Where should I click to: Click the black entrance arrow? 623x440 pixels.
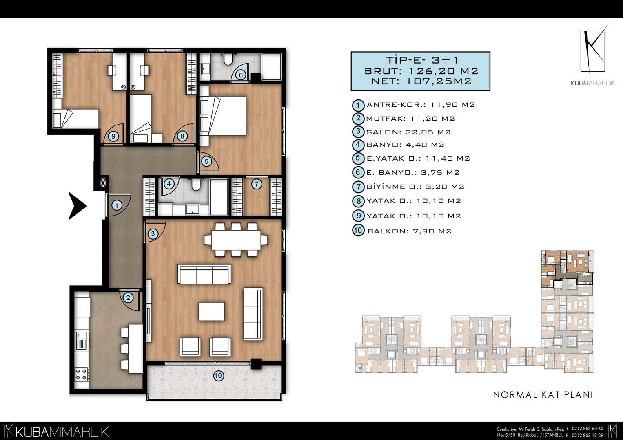[78, 206]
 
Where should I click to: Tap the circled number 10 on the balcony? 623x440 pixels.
[219, 376]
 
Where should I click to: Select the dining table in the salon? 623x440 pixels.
[236, 240]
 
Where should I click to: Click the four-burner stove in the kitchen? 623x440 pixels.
[82, 374]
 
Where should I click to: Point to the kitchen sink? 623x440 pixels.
[81, 341]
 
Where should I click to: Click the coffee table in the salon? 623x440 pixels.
[212, 311]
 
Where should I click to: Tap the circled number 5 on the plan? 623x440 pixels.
[206, 161]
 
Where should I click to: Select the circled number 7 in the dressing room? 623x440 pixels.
[257, 184]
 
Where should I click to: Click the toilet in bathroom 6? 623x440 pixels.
[228, 59]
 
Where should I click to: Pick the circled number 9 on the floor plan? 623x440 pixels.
[113, 136]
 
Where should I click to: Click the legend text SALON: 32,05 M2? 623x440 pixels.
[408, 132]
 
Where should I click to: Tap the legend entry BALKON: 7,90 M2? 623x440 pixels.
[409, 231]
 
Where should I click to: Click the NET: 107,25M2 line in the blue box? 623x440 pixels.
[421, 81]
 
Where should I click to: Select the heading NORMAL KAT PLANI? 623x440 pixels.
[543, 395]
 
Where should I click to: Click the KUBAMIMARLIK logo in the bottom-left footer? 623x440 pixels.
[57, 431]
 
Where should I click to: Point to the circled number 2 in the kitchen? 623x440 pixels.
[128, 298]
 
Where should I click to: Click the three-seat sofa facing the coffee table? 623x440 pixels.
[204, 274]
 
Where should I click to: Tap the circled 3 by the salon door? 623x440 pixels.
[153, 233]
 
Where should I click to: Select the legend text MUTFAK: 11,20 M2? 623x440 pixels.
[410, 119]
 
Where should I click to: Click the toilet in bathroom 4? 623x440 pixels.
[196, 185]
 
